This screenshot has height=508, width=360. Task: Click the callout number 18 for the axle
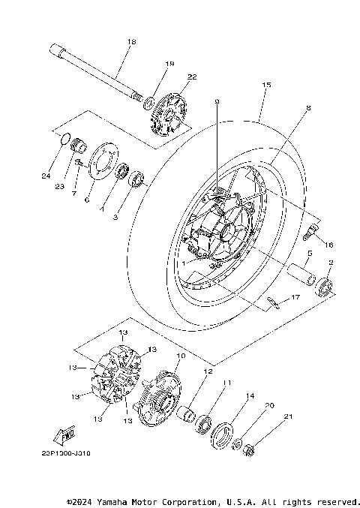132,42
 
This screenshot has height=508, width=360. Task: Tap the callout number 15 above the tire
265,86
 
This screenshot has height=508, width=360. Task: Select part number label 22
192,77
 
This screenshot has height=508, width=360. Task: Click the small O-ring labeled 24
65,138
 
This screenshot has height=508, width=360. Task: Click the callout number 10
180,356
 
